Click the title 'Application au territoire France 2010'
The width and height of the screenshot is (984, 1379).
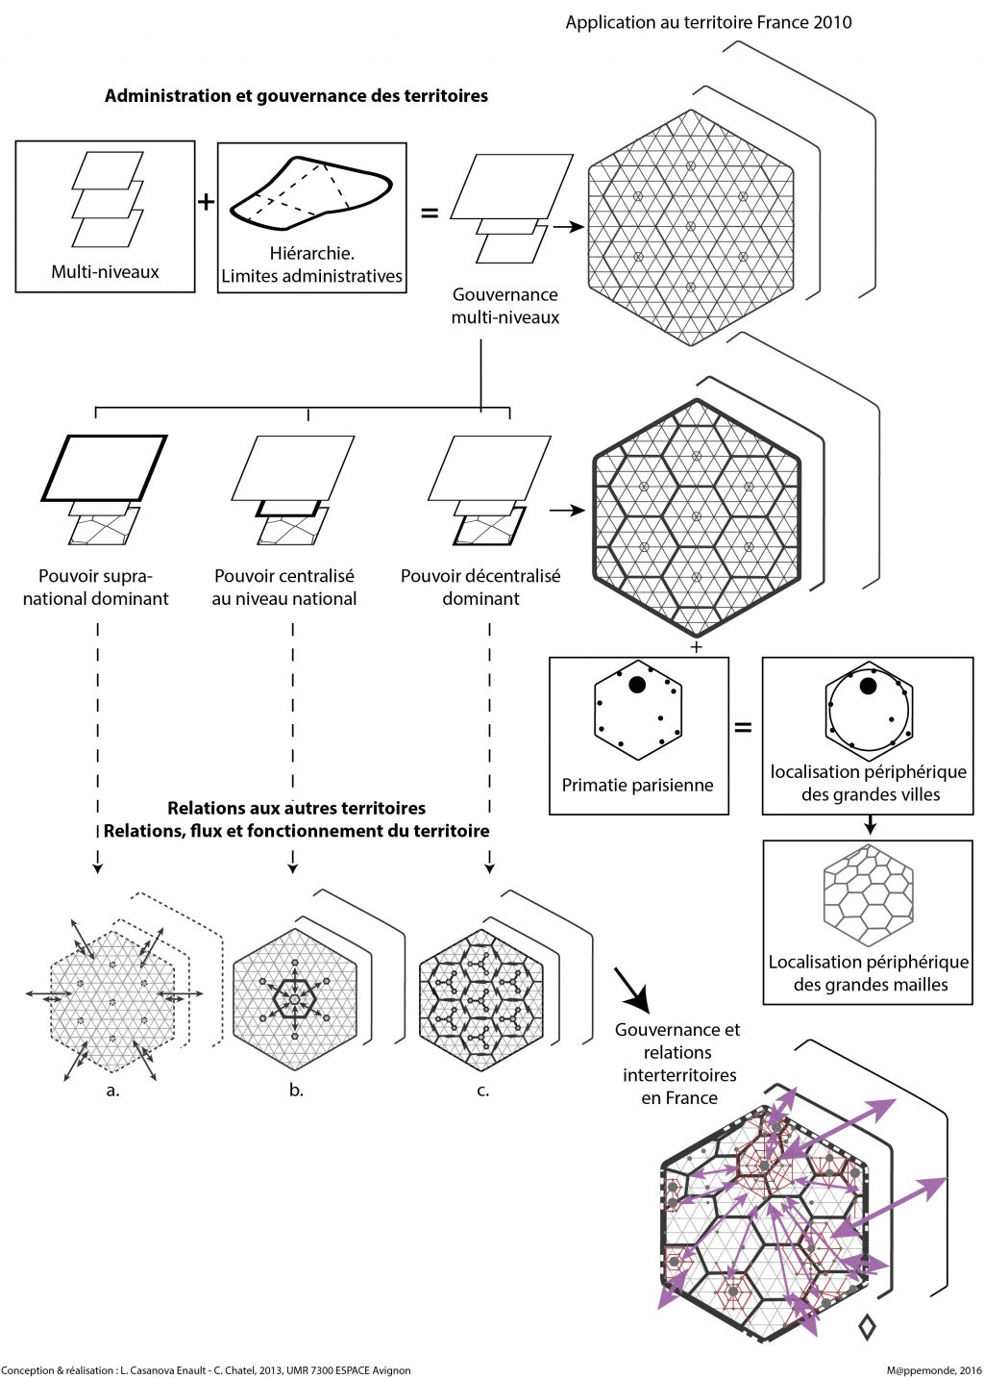click(708, 22)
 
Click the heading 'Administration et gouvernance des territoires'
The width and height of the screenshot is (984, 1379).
click(296, 96)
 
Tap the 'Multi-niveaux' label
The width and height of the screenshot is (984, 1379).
click(105, 272)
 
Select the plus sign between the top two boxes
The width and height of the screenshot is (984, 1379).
click(206, 202)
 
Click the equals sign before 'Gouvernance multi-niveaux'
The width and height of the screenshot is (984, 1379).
click(430, 213)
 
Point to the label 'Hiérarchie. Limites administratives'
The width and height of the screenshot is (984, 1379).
click(311, 265)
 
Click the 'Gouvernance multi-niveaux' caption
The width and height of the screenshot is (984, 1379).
click(505, 306)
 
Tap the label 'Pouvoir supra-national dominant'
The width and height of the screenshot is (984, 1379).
click(96, 587)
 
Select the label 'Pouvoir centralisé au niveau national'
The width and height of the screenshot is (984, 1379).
click(284, 587)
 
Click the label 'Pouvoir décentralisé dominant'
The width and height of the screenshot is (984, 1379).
click(480, 587)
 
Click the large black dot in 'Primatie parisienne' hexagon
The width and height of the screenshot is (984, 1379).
click(636, 685)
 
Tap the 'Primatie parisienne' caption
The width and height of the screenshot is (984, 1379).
click(637, 785)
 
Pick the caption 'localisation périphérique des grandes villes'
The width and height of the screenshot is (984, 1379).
click(869, 783)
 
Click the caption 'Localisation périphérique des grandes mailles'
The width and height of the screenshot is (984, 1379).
click(869, 973)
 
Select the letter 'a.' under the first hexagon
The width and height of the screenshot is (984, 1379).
click(112, 1091)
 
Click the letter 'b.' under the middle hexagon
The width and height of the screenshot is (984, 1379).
click(296, 1091)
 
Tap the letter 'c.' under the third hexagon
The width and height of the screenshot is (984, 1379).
click(482, 1091)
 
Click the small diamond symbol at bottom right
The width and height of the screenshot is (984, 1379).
click(867, 1327)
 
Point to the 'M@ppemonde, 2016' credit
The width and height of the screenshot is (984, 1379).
click(934, 1370)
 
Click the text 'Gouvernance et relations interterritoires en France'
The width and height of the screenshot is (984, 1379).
click(678, 1064)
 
